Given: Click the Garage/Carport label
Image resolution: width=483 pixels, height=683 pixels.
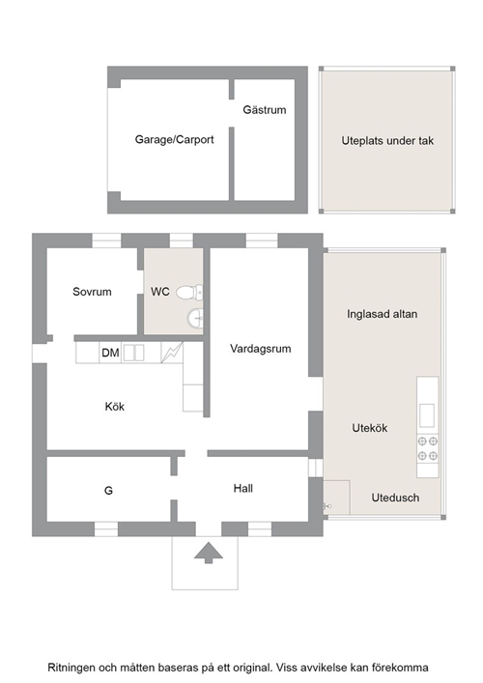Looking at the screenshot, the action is tap(174, 140).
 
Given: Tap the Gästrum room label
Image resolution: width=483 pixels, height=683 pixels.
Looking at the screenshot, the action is tap(265, 110).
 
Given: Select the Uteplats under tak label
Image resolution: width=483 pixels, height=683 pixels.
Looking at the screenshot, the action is tap(387, 141).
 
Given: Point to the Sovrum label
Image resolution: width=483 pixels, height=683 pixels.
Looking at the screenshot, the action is tap(92, 292).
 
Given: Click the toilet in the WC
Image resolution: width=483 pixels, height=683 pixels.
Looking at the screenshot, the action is tap(189, 292).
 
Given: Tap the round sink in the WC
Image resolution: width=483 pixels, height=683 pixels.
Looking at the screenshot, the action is tap(195, 318).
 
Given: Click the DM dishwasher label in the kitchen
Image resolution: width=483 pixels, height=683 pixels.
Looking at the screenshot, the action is tap(110, 353).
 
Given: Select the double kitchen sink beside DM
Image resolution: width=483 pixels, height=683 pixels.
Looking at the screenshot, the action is tap(133, 353).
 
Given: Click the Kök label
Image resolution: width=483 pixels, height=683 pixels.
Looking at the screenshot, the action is tap(115, 407).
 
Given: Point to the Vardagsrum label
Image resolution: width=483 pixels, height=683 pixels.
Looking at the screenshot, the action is tap(261, 349).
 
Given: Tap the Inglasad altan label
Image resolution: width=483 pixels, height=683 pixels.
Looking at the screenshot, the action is tap(382, 314).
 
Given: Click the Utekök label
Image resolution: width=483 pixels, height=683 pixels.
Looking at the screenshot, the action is tap(370, 428).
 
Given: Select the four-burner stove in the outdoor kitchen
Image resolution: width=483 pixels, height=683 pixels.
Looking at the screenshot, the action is tap(428, 448).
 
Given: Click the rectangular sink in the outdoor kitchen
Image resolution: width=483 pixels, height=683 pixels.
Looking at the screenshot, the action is tap(427, 415).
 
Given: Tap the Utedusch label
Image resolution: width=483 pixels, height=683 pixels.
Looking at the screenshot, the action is tap(395, 498).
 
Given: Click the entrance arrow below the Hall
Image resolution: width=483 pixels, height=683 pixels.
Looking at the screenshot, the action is tap(209, 553).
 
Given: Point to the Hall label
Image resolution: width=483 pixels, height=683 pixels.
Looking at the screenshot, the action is tap(243, 488).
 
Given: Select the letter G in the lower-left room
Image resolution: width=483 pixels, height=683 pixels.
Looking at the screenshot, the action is tap(108, 491).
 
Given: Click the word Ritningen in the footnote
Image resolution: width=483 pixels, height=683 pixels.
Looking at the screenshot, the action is tap(71, 668).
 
